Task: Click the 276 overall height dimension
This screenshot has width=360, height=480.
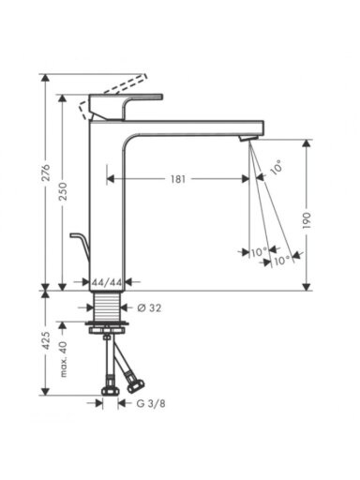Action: [46, 172]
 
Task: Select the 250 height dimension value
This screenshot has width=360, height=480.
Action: [63, 191]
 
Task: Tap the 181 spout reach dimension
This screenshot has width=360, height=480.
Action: [178, 179]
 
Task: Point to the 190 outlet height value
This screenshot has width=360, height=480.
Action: [307, 220]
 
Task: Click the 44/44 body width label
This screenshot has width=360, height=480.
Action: [107, 282]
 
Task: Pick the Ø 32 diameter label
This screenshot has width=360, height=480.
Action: [149, 308]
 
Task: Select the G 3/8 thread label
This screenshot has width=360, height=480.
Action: [151, 403]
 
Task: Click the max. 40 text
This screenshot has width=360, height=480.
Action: [64, 359]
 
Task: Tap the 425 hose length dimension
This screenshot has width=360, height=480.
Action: [46, 340]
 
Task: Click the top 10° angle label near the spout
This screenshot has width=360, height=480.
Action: [277, 167]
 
